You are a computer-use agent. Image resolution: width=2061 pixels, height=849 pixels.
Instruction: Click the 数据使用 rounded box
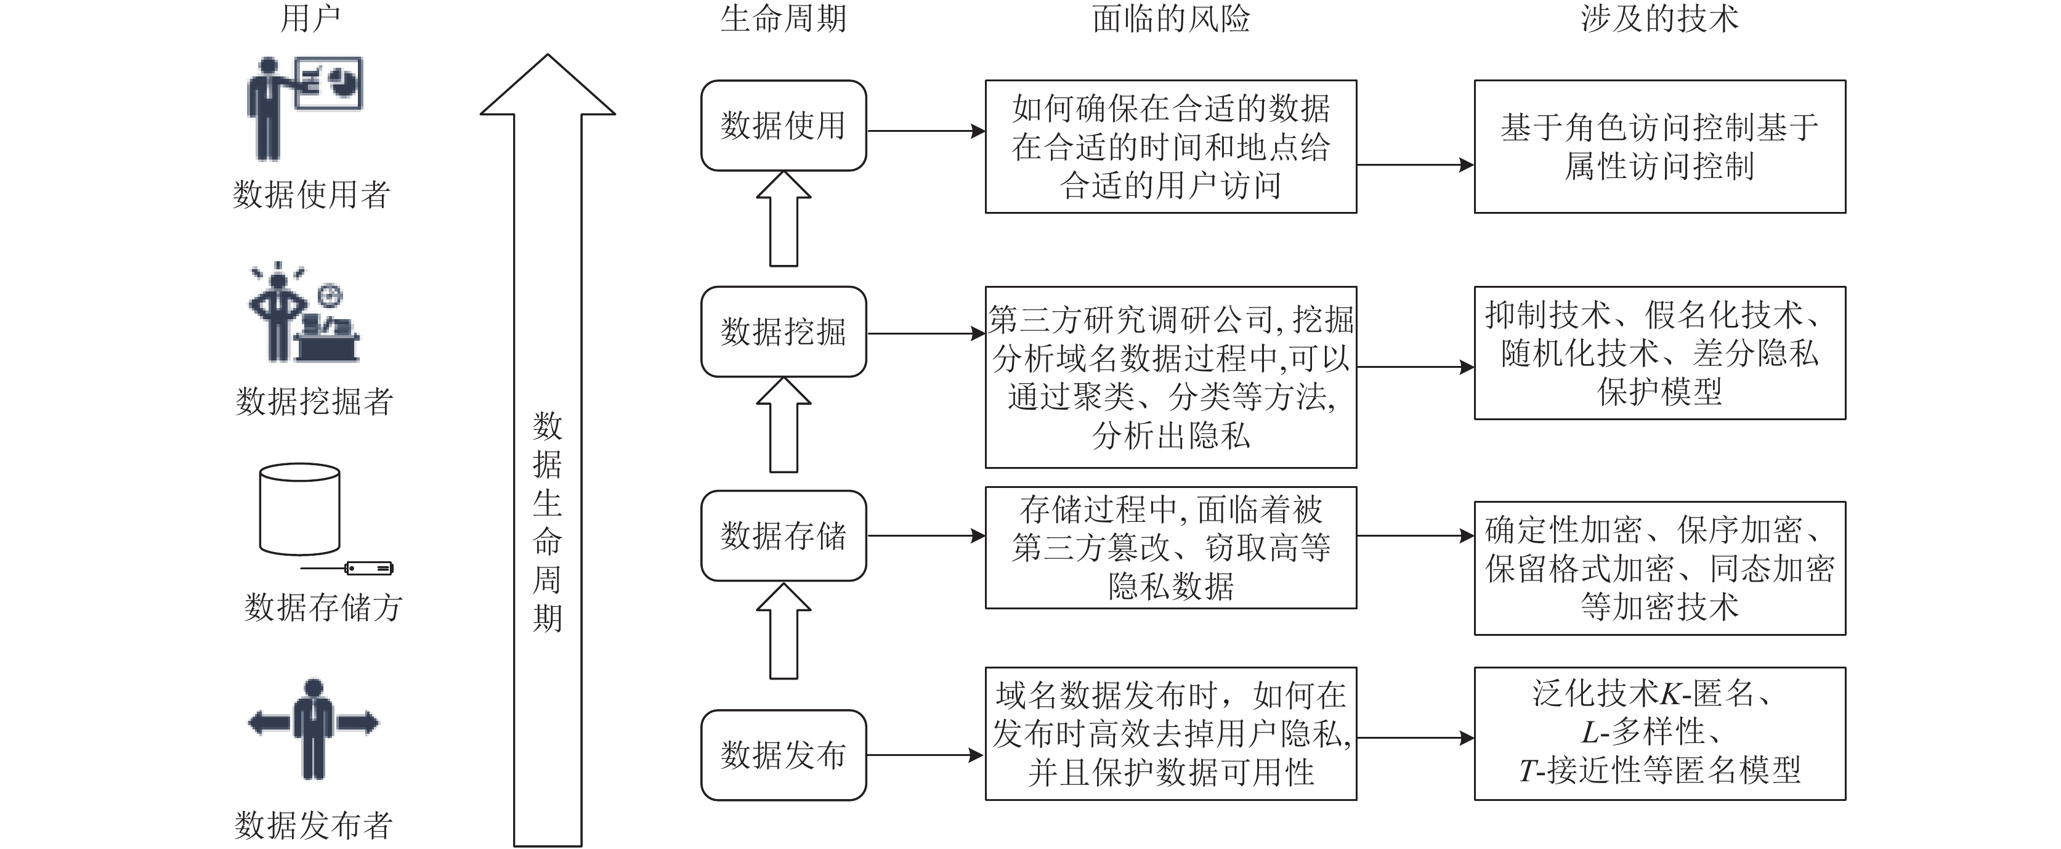click(784, 126)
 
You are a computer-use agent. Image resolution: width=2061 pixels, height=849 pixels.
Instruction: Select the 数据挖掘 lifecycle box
click(784, 332)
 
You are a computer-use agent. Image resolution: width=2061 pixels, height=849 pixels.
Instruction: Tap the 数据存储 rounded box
click(784, 536)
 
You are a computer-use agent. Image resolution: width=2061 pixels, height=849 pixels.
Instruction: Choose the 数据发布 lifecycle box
click(784, 755)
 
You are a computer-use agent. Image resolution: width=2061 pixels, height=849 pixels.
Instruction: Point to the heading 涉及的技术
click(1659, 18)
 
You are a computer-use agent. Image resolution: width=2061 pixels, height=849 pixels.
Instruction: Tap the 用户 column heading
click(310, 18)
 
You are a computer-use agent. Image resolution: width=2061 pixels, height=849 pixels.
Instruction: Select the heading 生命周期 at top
click(784, 18)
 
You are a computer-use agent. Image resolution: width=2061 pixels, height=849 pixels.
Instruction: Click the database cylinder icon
click(300, 510)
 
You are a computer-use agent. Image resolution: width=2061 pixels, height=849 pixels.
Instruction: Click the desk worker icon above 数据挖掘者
click(304, 312)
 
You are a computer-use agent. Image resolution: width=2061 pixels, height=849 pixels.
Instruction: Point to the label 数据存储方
click(323, 607)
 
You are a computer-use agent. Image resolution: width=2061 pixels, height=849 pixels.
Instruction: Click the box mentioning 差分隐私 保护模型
click(1660, 353)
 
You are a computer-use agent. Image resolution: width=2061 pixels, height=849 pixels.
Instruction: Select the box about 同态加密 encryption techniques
click(1660, 569)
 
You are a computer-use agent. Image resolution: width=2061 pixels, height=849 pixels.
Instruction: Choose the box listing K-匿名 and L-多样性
click(1660, 734)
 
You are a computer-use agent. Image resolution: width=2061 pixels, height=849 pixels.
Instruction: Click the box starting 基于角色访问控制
click(1660, 147)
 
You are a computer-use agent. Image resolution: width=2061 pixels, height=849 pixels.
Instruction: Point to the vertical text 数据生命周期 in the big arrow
click(547, 522)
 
